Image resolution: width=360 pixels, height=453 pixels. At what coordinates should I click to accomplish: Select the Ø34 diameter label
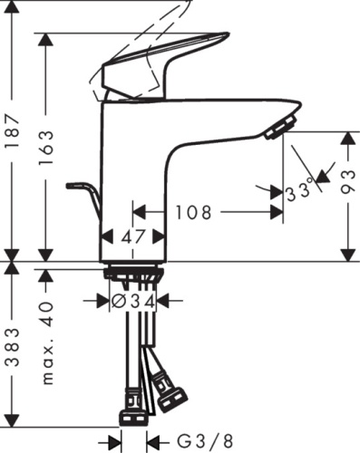133,298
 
